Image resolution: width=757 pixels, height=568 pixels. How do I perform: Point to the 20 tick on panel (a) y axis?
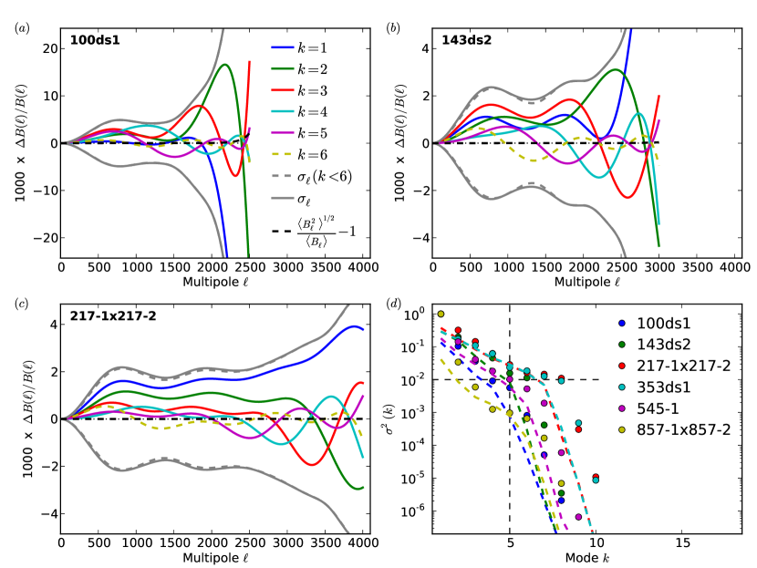coord(47,48)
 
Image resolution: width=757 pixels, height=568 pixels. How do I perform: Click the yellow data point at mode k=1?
coord(441,315)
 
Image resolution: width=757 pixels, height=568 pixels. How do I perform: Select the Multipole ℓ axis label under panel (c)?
coord(213,556)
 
